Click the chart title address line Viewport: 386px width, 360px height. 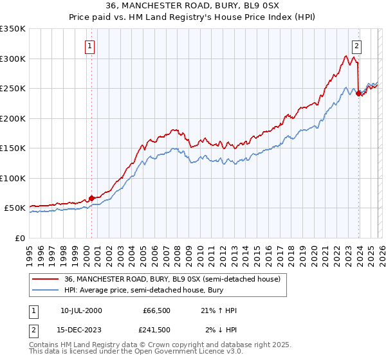pos(192,6)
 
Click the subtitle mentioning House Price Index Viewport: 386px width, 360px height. pos(192,17)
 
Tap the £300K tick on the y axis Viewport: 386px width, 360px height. pos(13,59)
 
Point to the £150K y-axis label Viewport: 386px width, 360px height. pos(13,148)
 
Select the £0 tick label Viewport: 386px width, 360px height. pos(19,238)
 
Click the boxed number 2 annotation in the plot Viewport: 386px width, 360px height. pos(356,46)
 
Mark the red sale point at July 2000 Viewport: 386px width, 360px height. pos(91,198)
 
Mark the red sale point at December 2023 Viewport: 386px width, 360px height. pos(358,93)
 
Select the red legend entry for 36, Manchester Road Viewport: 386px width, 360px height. pos(172,280)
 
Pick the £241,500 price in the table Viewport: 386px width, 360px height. pos(156,330)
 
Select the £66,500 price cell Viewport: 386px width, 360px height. pos(156,310)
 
